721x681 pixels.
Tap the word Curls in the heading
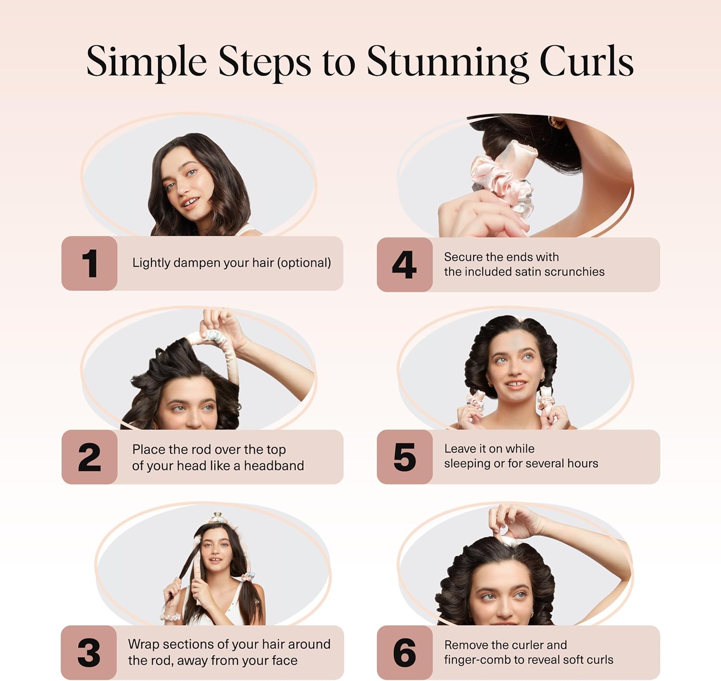[586, 62]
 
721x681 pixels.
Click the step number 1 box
[89, 263]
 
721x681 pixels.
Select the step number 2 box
[89, 457]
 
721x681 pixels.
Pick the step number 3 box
[89, 653]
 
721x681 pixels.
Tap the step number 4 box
[404, 264]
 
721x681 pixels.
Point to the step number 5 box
[404, 457]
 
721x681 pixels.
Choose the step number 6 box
[404, 653]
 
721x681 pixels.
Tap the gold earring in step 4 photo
[558, 123]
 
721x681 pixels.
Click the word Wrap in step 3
[143, 644]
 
